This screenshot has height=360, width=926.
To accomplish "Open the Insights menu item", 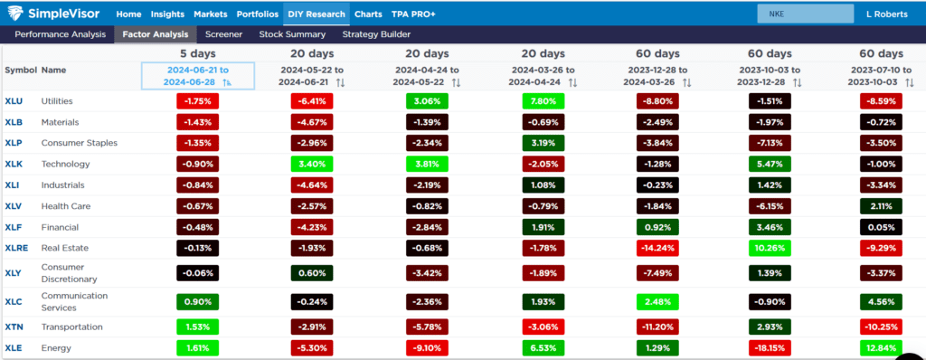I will pyautogui.click(x=168, y=14).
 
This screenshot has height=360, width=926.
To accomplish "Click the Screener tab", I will pyautogui.click(x=223, y=34).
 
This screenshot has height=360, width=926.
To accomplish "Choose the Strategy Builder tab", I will pyautogui.click(x=375, y=34).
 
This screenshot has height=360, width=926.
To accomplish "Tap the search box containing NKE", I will pyautogui.click(x=805, y=14).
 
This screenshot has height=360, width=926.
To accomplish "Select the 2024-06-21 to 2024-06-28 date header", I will pyautogui.click(x=197, y=76).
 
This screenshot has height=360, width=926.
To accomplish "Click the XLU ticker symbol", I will pyautogui.click(x=14, y=101).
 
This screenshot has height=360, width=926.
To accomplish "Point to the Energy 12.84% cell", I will pyautogui.click(x=883, y=347).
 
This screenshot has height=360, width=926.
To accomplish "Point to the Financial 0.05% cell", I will pyautogui.click(x=883, y=225).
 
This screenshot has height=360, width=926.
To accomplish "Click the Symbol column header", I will pyautogui.click(x=20, y=70).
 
